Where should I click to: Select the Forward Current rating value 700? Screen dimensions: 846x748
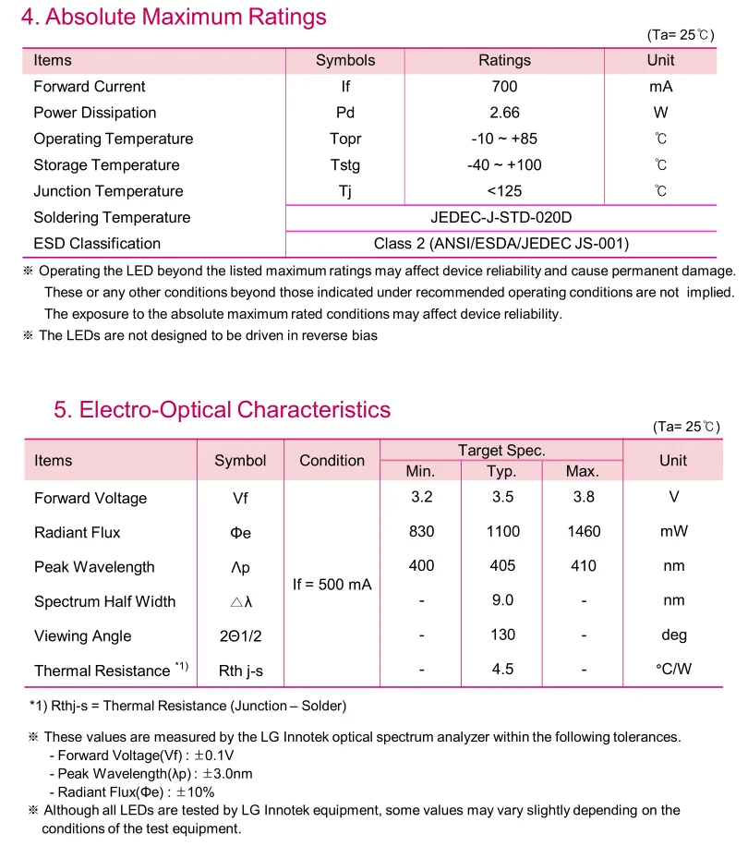(x=504, y=87)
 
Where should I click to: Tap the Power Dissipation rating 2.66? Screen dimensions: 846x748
(x=504, y=113)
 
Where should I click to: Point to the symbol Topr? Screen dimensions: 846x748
(x=345, y=139)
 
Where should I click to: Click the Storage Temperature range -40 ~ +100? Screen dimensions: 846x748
(x=504, y=165)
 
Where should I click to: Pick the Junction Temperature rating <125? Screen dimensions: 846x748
(x=504, y=191)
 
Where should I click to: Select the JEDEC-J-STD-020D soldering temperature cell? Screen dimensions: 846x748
(x=501, y=218)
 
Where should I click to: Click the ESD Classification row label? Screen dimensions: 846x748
(x=97, y=244)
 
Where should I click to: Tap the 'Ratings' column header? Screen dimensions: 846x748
(x=504, y=60)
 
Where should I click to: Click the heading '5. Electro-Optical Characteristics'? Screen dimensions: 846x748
(x=222, y=410)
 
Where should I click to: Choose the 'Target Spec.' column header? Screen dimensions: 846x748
(x=501, y=451)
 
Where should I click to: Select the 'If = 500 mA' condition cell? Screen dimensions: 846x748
(x=332, y=585)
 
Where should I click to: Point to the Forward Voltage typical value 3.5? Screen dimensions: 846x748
(x=501, y=497)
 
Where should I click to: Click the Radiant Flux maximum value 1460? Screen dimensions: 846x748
(x=584, y=531)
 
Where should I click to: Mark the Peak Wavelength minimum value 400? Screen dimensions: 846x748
(x=421, y=565)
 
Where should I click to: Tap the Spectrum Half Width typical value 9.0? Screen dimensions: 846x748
(x=502, y=600)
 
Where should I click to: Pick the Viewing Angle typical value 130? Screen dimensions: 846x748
(x=502, y=634)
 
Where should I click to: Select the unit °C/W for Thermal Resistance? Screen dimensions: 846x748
(x=673, y=670)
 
